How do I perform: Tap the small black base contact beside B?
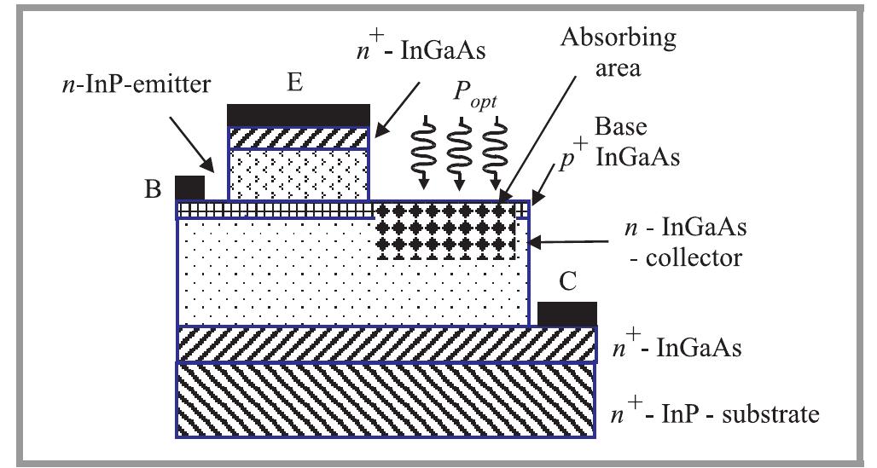tap(189, 187)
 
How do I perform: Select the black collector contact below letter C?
tap(566, 313)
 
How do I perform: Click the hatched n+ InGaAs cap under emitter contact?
tap(298, 137)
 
